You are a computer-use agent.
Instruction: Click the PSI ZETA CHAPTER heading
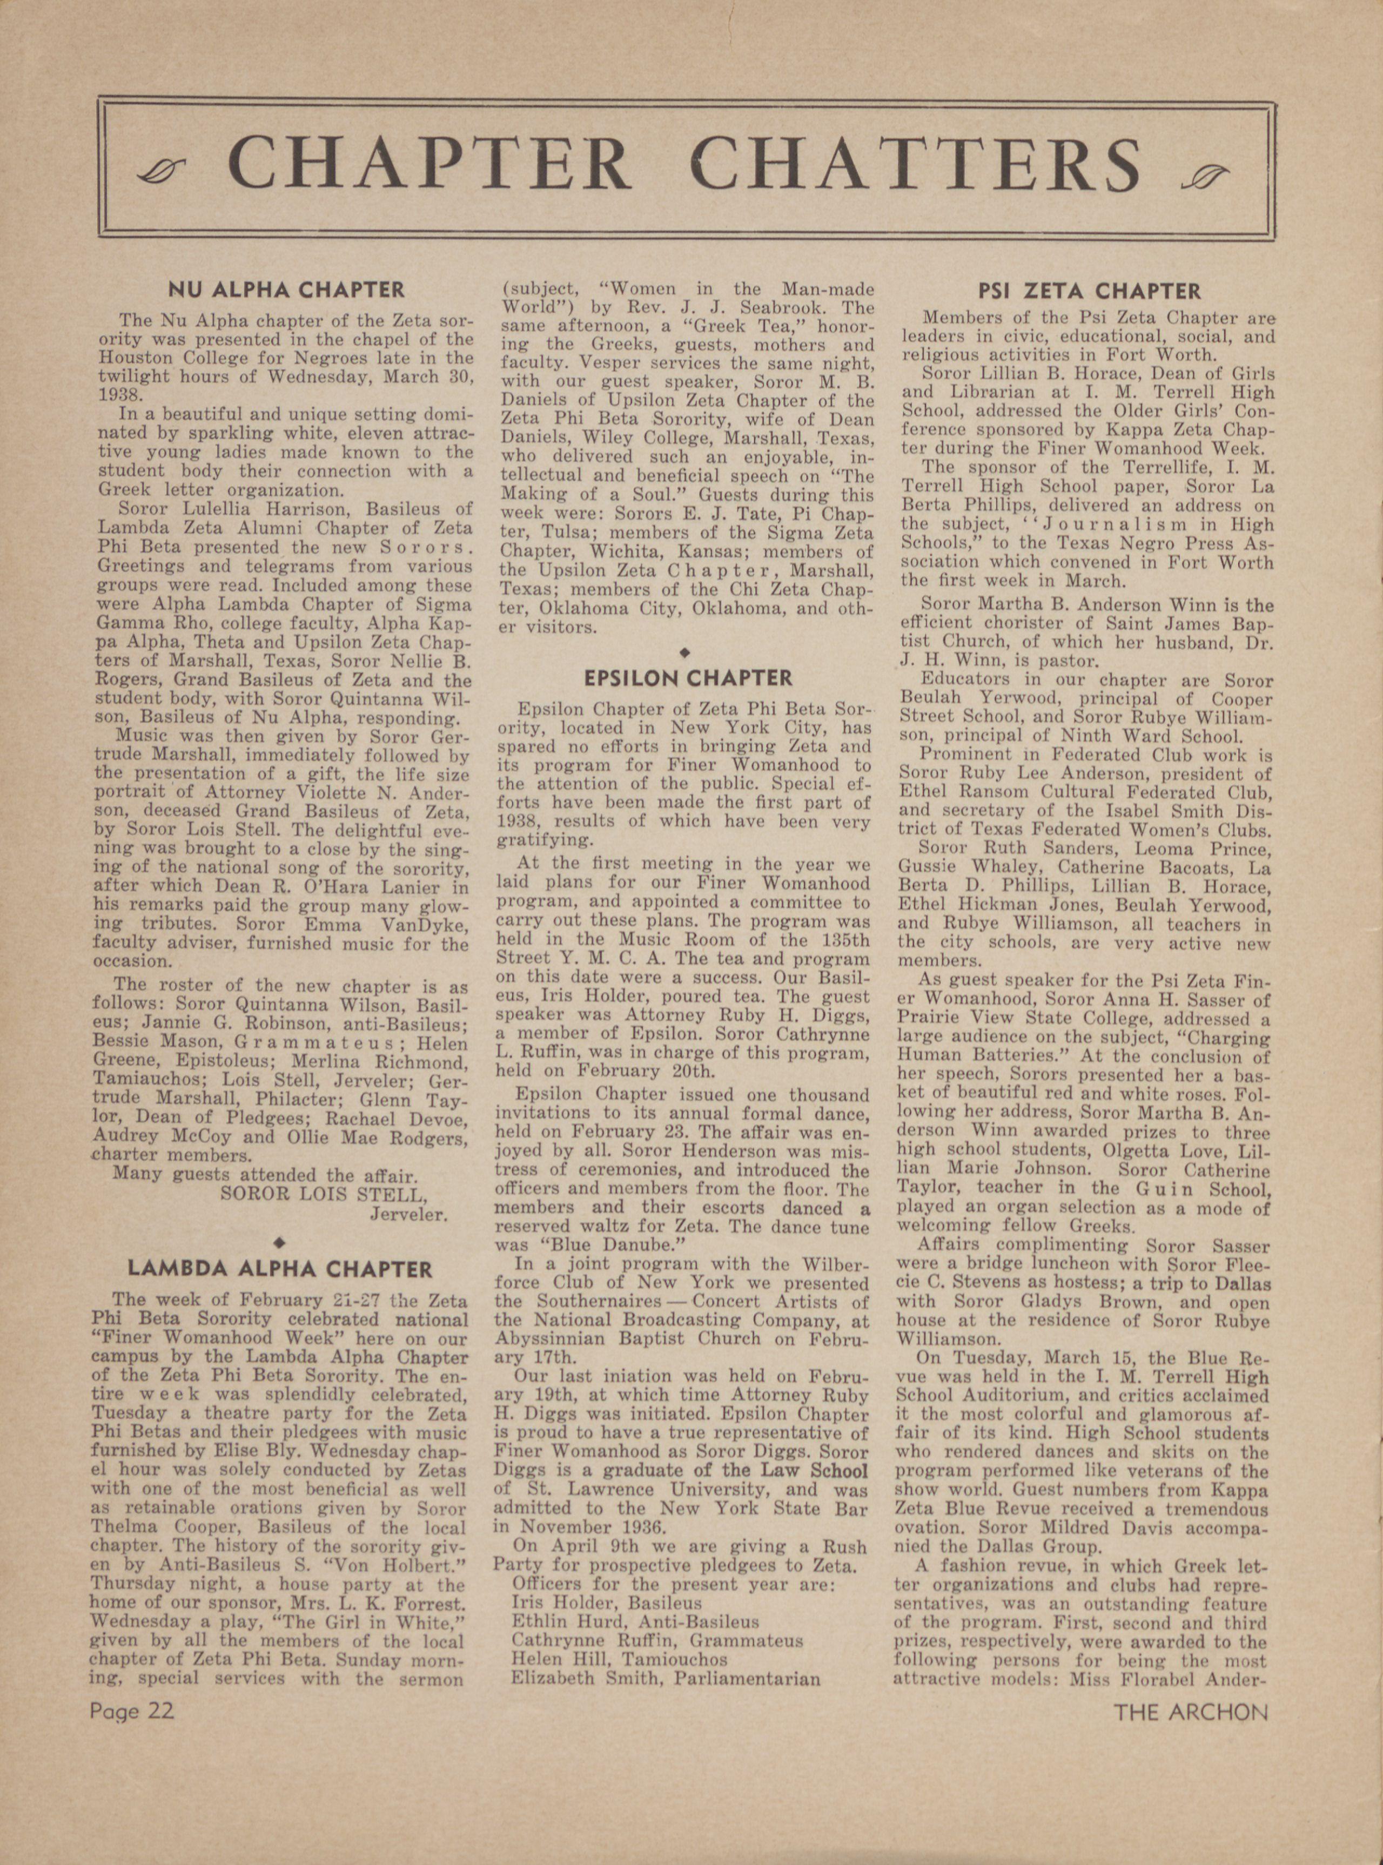click(1089, 291)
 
